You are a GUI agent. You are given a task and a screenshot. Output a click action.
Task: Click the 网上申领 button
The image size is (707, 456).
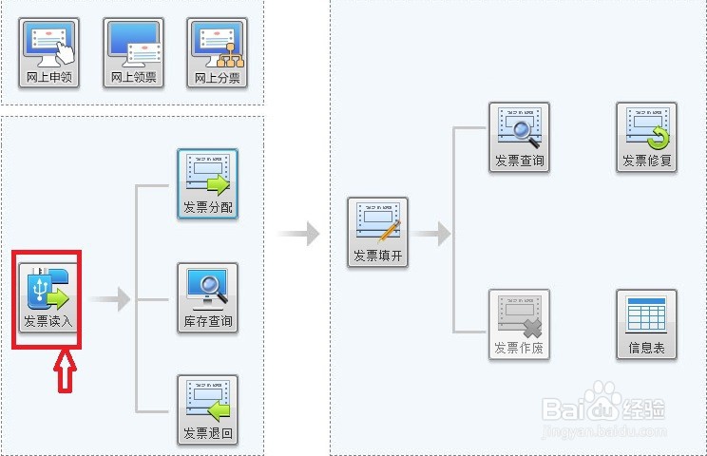tap(49, 53)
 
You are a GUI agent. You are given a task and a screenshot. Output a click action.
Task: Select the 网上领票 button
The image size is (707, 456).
tap(134, 53)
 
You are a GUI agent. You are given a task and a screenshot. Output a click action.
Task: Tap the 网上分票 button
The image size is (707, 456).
tap(218, 53)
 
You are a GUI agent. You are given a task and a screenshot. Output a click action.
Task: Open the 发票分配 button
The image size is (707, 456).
tap(207, 184)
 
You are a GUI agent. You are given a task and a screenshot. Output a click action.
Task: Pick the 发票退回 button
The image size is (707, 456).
tap(207, 411)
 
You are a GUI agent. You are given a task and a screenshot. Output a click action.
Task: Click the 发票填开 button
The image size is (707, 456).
tap(378, 233)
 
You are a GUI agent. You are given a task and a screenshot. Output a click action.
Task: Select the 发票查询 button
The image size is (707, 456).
tap(519, 138)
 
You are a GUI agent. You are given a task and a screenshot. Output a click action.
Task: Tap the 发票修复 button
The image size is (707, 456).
tap(646, 138)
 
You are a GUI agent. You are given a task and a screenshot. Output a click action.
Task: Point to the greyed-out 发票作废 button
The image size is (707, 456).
tap(519, 325)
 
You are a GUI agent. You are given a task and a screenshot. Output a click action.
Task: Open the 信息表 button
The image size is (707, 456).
tap(646, 325)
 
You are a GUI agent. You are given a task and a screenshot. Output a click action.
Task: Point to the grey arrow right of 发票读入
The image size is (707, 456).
tap(111, 300)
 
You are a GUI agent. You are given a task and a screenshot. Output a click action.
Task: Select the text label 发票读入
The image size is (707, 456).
tap(48, 321)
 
